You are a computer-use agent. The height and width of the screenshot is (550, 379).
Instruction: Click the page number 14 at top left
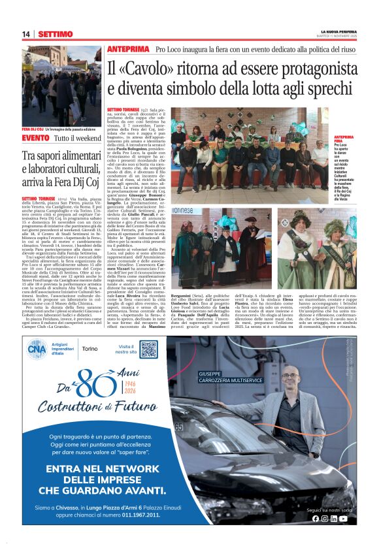pos(26,34)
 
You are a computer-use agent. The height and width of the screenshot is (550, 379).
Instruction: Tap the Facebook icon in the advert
pos(316,519)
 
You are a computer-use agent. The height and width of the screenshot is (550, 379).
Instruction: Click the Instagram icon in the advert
pos(325,519)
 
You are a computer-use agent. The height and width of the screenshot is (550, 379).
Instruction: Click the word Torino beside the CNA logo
pos(91,349)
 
